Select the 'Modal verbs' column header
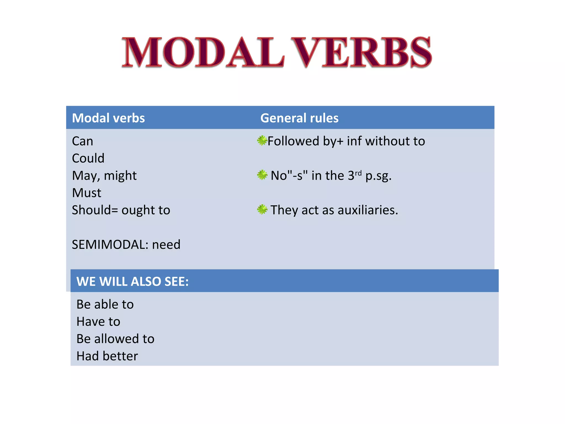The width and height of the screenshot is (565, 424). [108, 118]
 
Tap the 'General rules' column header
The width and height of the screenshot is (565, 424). [299, 118]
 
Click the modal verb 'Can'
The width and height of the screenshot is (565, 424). [82, 141]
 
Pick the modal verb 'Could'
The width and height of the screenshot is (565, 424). [88, 158]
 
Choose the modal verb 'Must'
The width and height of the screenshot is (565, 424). [86, 193]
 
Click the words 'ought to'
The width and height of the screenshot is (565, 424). [146, 210]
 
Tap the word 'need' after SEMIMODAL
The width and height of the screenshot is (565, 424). [166, 245]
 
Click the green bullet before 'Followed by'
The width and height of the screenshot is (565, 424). [262, 141]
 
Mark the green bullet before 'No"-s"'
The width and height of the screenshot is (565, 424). [262, 175]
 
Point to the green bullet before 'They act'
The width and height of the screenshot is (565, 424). [262, 209]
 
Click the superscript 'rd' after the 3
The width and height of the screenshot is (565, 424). [358, 173]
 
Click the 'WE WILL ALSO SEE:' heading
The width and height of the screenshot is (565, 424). [132, 282]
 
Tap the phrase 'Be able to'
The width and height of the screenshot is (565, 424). [105, 304]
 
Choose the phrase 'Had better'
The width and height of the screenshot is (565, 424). [107, 356]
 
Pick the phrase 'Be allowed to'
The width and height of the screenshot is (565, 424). [115, 339]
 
